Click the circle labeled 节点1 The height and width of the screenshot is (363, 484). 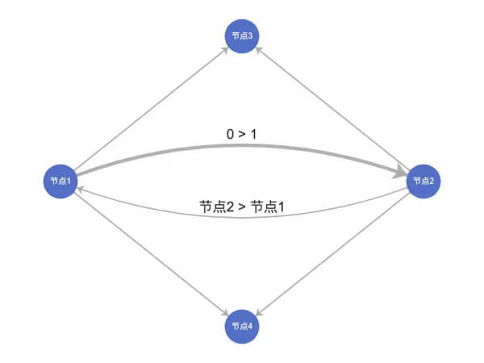coord(60,181)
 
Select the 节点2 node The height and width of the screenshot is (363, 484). coord(423,181)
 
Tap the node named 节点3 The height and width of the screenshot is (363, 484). coord(242,35)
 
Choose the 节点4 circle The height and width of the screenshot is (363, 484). coord(242,326)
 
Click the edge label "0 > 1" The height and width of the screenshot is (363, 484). coord(242,131)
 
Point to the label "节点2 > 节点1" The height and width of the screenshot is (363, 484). coord(242,207)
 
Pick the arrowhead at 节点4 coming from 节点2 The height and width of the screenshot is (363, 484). coord(259,312)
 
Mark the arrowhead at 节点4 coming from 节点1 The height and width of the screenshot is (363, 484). coord(225,312)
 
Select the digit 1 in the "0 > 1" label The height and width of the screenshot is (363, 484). coord(253,131)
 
